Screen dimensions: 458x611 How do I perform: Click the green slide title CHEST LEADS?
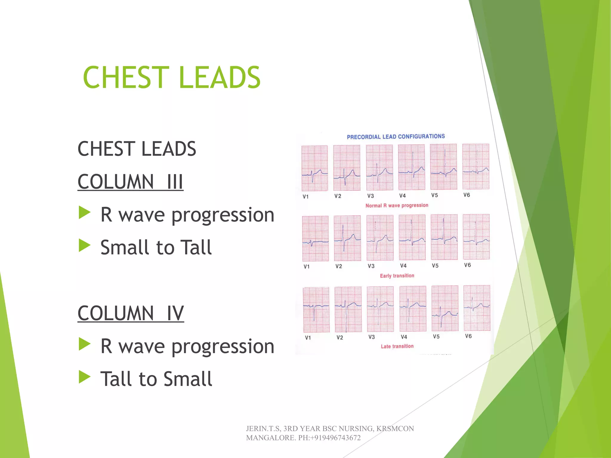(x=172, y=78)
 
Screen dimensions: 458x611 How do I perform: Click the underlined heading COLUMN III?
(x=130, y=182)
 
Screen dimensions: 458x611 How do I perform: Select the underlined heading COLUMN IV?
(x=131, y=313)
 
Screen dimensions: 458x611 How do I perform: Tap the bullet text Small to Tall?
(x=156, y=247)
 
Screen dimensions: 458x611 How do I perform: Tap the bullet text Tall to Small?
(x=156, y=379)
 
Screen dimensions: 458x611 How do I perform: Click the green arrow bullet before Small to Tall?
(x=84, y=246)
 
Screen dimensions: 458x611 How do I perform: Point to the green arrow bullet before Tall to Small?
(x=84, y=377)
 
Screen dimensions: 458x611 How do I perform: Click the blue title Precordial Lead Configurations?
(x=396, y=137)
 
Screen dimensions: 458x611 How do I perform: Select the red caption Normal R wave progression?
(x=397, y=205)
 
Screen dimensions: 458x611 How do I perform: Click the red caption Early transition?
(x=397, y=276)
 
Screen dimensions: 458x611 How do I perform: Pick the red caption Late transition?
(x=397, y=346)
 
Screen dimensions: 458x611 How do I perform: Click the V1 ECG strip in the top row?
(x=314, y=168)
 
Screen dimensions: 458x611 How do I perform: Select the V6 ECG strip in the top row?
(x=476, y=167)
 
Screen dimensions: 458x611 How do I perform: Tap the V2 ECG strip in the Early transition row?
(x=347, y=238)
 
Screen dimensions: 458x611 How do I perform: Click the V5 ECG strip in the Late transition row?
(x=445, y=308)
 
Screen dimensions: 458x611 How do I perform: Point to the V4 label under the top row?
(x=402, y=196)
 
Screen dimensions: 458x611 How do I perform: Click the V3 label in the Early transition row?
(x=371, y=266)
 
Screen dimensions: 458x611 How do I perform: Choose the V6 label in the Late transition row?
(x=468, y=336)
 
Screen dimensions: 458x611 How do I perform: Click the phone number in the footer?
(x=329, y=438)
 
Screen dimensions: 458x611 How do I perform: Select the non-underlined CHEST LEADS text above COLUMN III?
(x=137, y=149)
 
